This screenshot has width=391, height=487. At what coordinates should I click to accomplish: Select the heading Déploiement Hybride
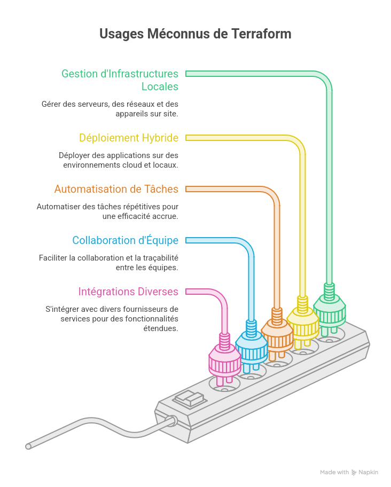pos(129,138)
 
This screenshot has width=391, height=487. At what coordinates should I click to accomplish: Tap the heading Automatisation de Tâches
pos(116,189)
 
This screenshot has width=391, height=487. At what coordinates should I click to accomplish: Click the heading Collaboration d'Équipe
pos(125,240)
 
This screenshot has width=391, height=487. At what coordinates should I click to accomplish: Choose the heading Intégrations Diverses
pos(128,292)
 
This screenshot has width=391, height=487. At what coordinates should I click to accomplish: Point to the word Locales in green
pos(160,87)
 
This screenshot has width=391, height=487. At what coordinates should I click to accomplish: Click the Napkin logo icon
pos(354,473)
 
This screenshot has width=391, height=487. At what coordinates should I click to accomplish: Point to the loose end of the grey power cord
pos(28,446)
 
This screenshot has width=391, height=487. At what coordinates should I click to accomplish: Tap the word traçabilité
pos(161,258)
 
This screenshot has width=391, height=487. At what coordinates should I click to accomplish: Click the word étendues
pos(161,328)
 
